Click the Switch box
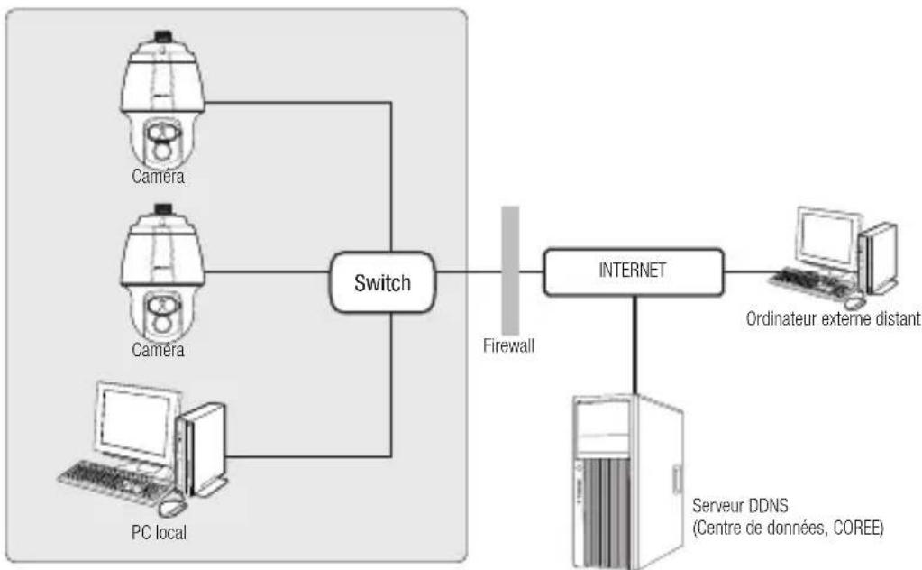(380, 282)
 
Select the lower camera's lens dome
(163, 311)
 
